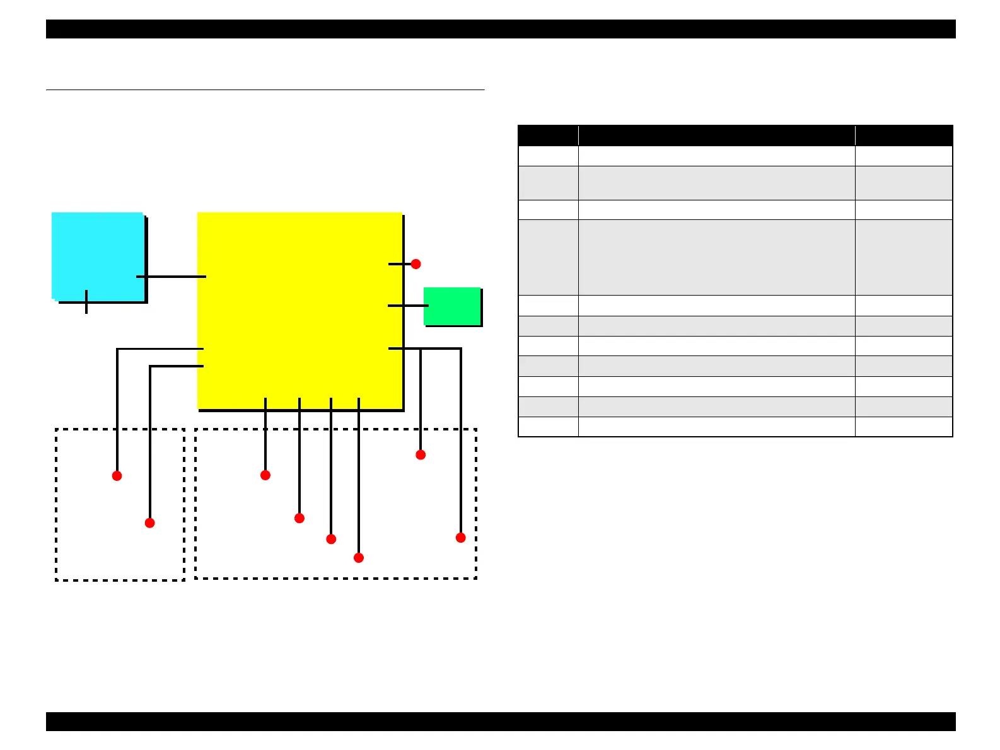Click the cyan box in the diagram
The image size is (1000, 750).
tap(97, 255)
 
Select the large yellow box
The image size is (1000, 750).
tap(299, 309)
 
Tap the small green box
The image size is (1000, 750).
tap(451, 306)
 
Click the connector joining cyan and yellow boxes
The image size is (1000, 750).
tap(171, 277)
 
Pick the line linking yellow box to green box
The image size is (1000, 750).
tap(408, 306)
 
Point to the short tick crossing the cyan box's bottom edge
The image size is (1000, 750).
tap(86, 302)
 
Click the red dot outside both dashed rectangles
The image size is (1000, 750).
tap(416, 264)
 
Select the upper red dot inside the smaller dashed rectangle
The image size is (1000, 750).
tap(117, 476)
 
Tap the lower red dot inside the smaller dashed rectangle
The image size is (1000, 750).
tap(149, 522)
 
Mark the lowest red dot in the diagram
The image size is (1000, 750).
tap(359, 558)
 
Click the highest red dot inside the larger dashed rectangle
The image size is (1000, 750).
tap(421, 454)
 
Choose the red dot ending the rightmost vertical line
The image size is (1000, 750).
tap(461, 538)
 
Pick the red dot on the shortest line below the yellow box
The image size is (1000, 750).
tap(265, 475)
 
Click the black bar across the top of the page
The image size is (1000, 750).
tap(501, 29)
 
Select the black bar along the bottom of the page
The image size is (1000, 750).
tap(501, 722)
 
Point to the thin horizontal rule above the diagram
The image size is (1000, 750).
tap(265, 90)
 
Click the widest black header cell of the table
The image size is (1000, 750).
tap(716, 136)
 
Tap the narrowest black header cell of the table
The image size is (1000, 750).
tap(548, 136)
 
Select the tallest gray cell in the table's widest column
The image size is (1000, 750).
tap(716, 257)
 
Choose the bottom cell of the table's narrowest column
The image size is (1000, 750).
tap(548, 427)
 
